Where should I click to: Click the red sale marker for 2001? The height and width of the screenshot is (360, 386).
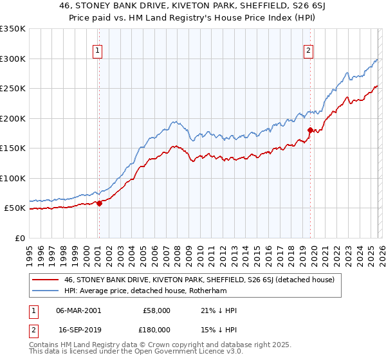[99, 203]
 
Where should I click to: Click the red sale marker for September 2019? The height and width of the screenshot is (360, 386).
[310, 130]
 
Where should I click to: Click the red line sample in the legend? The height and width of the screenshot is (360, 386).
[46, 280]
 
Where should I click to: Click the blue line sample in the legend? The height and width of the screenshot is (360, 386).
[46, 291]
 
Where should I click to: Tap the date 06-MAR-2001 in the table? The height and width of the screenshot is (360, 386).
[78, 310]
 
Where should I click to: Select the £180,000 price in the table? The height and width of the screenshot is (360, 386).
[156, 328]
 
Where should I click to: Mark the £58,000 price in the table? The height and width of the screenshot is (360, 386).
[156, 310]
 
